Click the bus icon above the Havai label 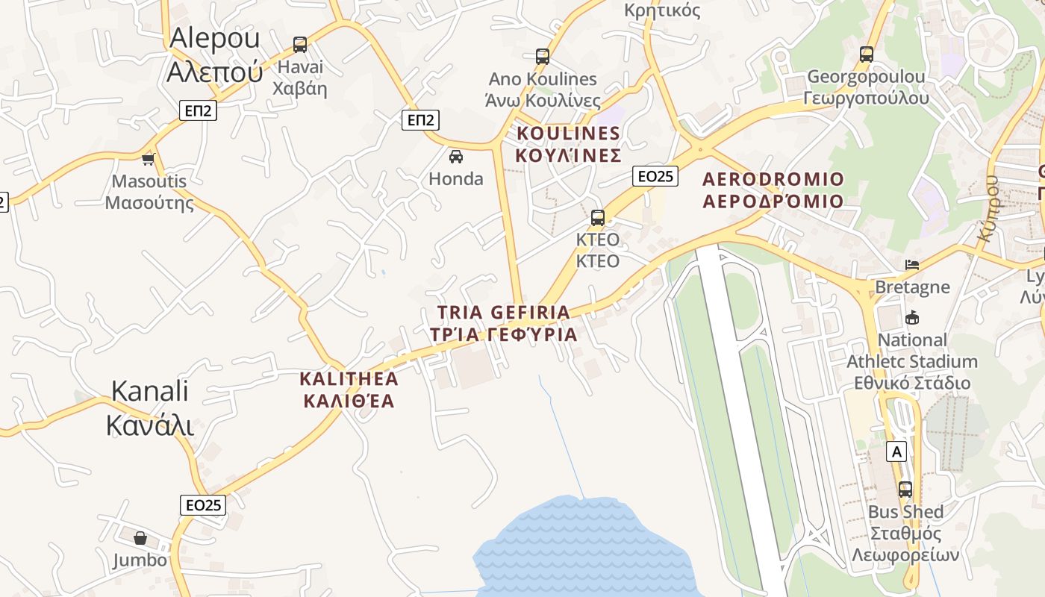tap(300, 45)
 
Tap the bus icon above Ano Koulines tap(543, 56)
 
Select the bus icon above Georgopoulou tap(866, 54)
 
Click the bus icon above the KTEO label tap(597, 218)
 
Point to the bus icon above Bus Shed tap(905, 490)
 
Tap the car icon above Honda tap(455, 157)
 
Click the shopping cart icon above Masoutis tap(148, 159)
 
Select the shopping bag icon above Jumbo tap(140, 537)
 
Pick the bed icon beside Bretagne tap(911, 265)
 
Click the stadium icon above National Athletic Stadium tap(911, 318)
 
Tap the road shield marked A tap(896, 451)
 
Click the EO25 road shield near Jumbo tap(203, 505)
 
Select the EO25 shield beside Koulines tap(655, 176)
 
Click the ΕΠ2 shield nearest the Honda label tap(420, 119)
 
